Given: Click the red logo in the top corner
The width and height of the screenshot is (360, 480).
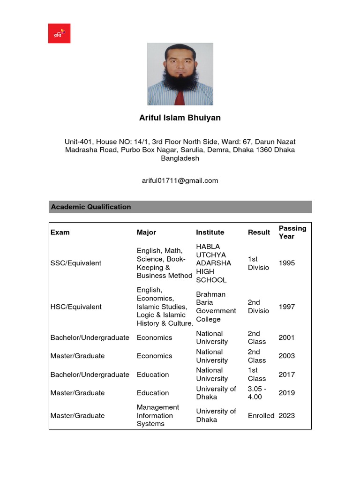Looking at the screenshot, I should tap(59, 33).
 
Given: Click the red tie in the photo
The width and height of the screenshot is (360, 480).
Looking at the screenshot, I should tap(180, 97).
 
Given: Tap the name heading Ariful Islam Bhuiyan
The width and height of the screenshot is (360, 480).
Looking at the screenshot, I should tap(180, 118).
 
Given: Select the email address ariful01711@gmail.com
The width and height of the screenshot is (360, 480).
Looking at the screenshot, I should tap(180, 180).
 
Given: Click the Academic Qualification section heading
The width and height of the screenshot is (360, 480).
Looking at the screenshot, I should tap(91, 207).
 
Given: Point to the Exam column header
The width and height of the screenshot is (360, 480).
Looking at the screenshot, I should tap(60, 232).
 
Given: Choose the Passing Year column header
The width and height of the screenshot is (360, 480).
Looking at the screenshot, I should tap(292, 232).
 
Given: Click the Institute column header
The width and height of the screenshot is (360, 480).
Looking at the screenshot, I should tap(210, 232).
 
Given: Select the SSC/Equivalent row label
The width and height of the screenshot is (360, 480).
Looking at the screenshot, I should tap(76, 263).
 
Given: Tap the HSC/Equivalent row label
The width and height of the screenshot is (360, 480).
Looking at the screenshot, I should tap(76, 307).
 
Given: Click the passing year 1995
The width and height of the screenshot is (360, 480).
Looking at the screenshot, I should tap(287, 263).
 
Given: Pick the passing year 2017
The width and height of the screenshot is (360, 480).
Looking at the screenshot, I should tap(287, 375).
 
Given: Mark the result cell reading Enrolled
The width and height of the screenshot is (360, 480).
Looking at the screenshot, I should tap(261, 415).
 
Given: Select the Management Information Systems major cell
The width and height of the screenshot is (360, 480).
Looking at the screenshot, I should tap(158, 415).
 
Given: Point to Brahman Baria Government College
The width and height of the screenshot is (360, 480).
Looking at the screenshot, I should tap(216, 307).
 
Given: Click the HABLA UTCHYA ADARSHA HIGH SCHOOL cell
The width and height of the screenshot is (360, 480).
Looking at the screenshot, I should tap(213, 263).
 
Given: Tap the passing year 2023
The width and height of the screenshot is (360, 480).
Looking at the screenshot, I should tap(287, 415).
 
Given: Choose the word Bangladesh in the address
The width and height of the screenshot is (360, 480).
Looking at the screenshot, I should tap(180, 158).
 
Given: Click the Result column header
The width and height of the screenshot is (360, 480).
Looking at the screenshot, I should tap(259, 232).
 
